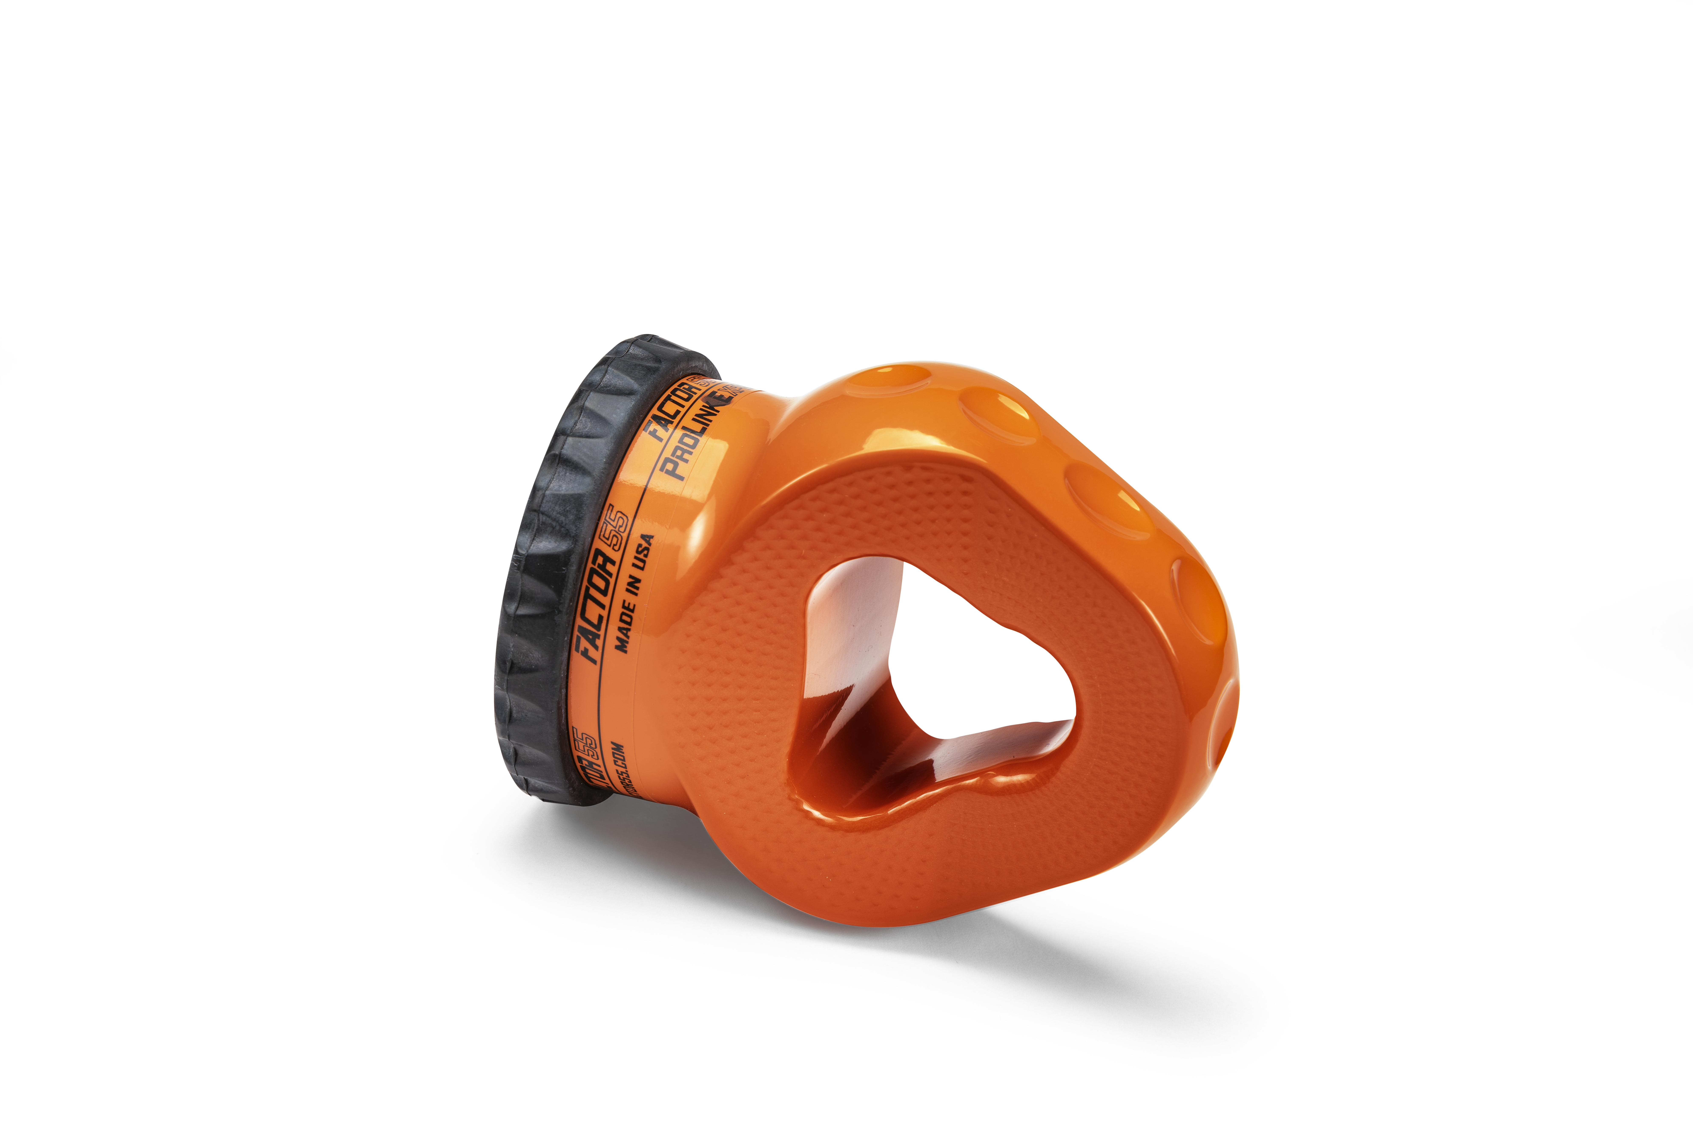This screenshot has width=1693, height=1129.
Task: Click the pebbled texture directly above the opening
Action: [936, 519]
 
